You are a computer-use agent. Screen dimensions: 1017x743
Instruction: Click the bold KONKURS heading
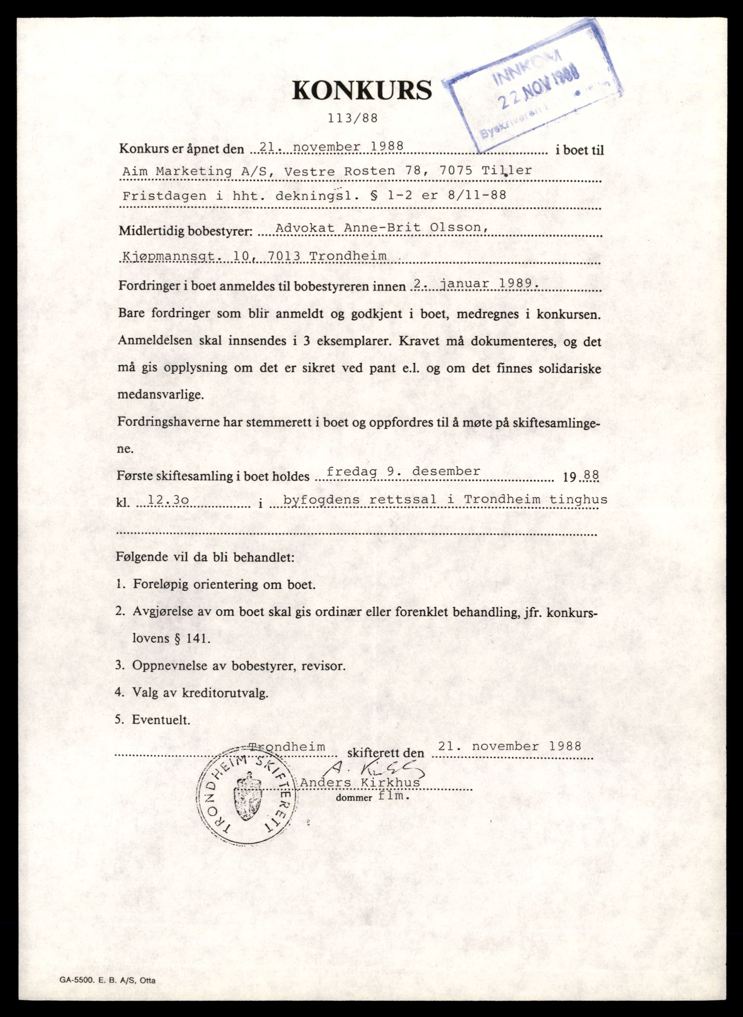[362, 90]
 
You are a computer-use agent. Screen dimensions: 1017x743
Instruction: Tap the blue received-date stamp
[534, 86]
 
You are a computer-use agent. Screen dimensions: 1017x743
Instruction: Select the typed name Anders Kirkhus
[360, 783]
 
